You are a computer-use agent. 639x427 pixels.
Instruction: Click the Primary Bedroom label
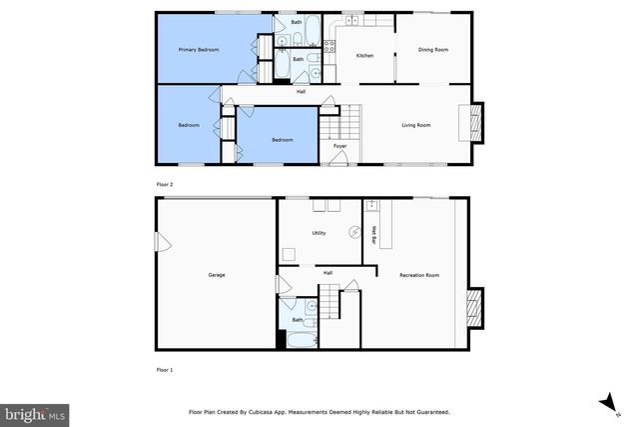coord(198,49)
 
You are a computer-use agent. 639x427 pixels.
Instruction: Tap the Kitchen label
coord(364,55)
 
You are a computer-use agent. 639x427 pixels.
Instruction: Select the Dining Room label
coord(432,49)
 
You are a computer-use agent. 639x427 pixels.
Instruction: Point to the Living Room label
coord(415,125)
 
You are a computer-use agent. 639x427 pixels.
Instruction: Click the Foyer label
coord(339,147)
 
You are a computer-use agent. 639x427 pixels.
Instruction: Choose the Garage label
coord(216,274)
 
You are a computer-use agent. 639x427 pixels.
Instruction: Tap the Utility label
coord(319,233)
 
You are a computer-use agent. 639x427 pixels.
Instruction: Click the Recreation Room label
coord(418,274)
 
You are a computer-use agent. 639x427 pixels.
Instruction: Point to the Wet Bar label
coord(373,234)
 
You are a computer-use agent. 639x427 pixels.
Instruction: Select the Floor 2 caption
coord(165,185)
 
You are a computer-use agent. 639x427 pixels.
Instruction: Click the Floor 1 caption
coord(165,370)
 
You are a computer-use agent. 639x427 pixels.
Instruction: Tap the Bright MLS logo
coord(36,412)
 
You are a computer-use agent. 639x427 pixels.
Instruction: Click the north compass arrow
coord(604,402)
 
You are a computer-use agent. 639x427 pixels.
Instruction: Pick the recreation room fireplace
coord(475,308)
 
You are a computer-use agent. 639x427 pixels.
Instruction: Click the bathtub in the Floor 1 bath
coord(297,340)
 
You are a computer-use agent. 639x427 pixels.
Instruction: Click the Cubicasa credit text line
coord(319,411)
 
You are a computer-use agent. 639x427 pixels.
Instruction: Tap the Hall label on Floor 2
coord(301,92)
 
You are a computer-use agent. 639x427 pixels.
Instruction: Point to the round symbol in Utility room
coord(352,233)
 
